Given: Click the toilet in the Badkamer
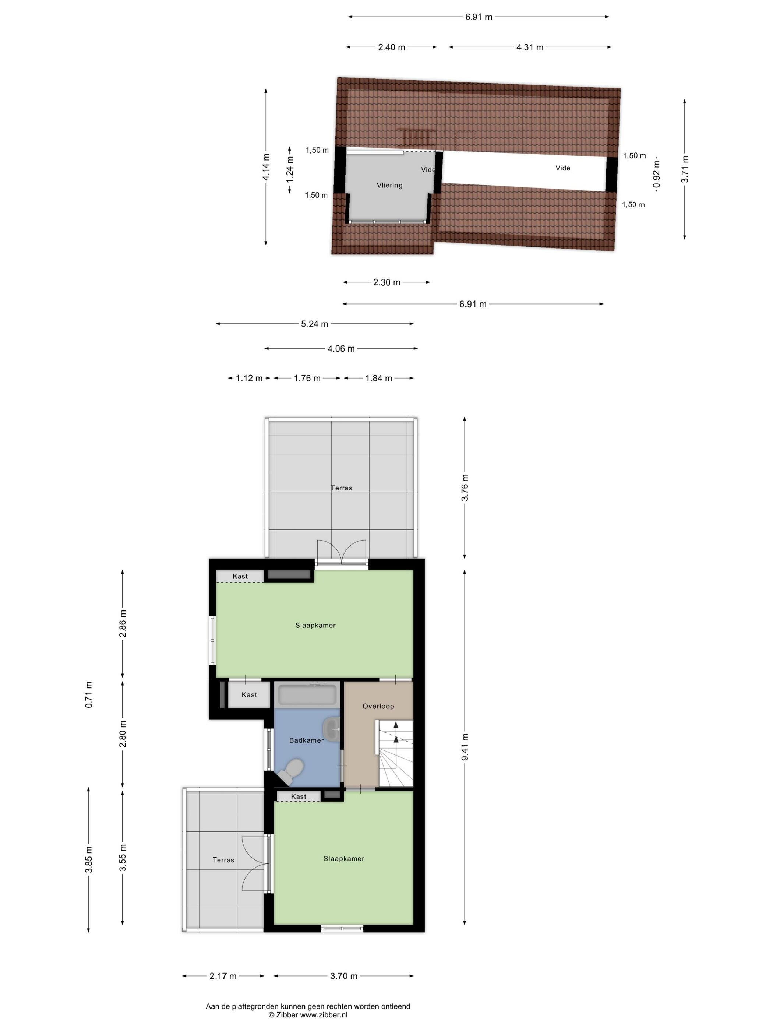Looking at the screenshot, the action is pos(291,769).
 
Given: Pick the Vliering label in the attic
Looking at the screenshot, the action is pos(389,185).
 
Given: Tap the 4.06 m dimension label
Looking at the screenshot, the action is pos(341,349).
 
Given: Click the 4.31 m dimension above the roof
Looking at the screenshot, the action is pos(530,47).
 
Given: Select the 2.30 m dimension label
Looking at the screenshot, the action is pos(387,282).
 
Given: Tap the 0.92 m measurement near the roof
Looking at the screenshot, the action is pos(657,174).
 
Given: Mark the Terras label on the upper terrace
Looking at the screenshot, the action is pos(341,488).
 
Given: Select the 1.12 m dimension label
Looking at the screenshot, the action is pos(249,379).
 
